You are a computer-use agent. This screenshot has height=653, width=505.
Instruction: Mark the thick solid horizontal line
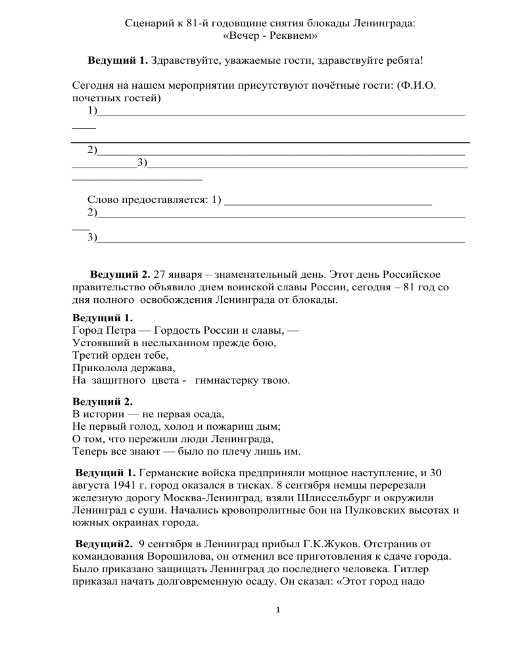[x=270, y=142]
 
